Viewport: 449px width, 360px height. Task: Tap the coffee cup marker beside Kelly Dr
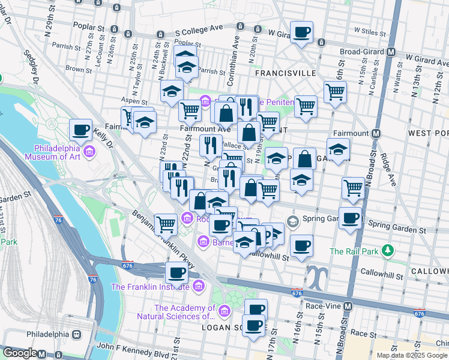(81, 129)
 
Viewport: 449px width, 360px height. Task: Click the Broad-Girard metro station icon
(391, 52)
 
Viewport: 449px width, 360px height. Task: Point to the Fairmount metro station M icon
(376, 133)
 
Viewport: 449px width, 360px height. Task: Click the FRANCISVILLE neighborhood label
(285, 73)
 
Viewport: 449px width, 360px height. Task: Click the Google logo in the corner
(19, 353)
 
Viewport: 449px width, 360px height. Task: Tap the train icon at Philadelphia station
(76, 334)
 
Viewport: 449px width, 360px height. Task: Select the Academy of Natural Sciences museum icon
(224, 311)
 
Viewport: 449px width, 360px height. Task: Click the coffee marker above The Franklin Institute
(176, 272)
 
